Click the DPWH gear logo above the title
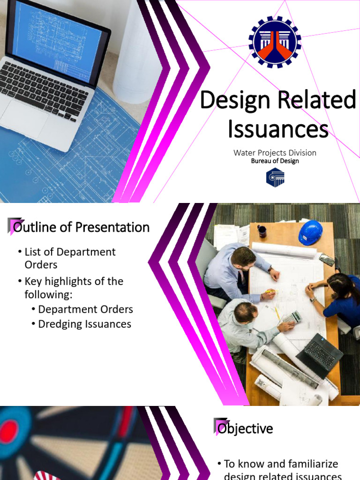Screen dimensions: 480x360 (275, 42)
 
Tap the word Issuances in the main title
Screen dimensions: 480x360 (278, 128)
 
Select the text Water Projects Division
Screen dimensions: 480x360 (275, 153)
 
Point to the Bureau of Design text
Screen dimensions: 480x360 (275, 161)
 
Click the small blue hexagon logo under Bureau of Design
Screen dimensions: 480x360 (275, 178)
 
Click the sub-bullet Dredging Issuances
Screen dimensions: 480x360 (84, 324)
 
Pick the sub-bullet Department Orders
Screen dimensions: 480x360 (85, 309)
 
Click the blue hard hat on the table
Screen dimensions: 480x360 (310, 232)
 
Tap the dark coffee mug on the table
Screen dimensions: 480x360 (262, 231)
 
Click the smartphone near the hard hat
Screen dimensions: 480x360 (327, 259)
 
